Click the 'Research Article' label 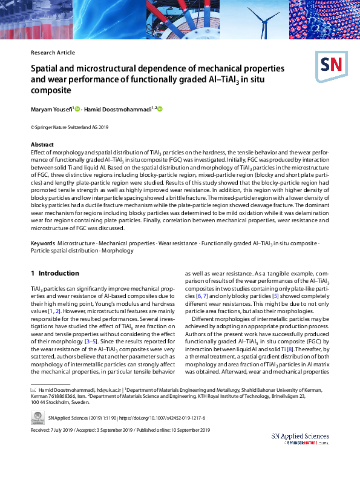click(53, 53)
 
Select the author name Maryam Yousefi click(51, 109)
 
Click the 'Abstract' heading click(42, 145)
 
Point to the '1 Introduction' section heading click(55, 273)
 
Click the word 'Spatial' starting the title click(46, 69)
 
